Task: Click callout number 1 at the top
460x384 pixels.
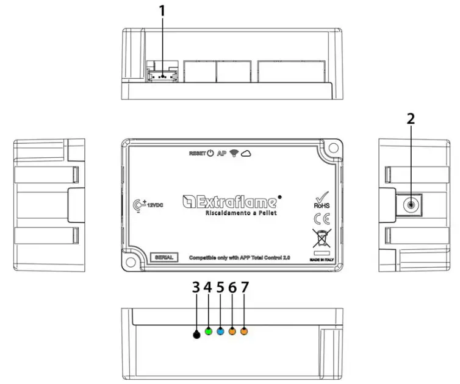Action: click(162, 10)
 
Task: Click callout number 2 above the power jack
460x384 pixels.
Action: click(411, 118)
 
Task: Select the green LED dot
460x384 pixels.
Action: click(209, 332)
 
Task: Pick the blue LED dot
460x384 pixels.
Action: click(220, 332)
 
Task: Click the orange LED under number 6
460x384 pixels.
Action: click(232, 332)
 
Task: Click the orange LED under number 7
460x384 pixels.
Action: click(244, 332)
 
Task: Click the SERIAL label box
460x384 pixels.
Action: click(164, 257)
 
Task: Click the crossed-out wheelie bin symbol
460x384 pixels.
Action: click(320, 237)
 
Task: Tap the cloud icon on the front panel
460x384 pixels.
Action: click(247, 154)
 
